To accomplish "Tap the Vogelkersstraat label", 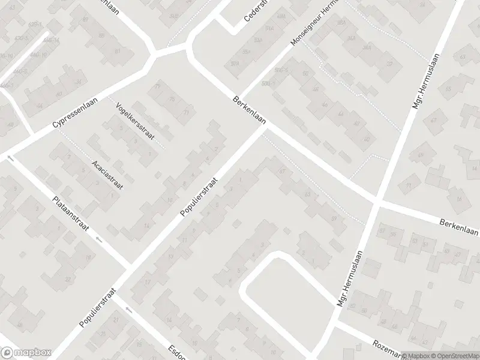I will [x=135, y=120].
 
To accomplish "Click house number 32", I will [x=389, y=64].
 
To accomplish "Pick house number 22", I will [x=67, y=280].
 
